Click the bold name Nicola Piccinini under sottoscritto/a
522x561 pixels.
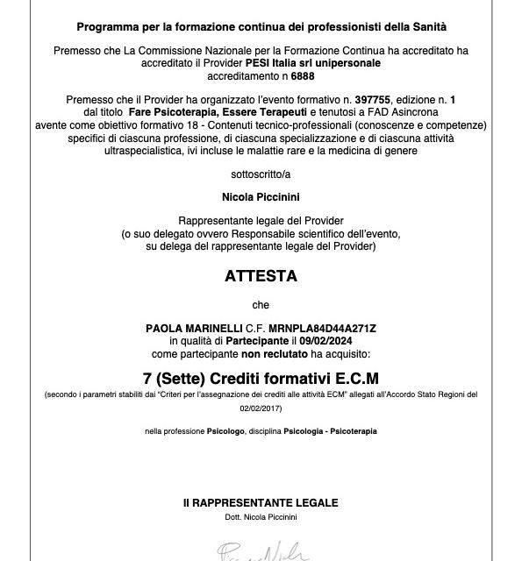pyautogui.click(x=261, y=200)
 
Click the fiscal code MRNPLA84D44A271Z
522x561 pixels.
pyautogui.click(x=330, y=327)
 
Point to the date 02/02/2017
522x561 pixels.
pyautogui.click(x=261, y=408)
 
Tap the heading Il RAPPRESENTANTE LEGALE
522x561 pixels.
pyautogui.click(x=261, y=503)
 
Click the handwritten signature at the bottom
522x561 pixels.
pyautogui.click(x=261, y=550)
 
